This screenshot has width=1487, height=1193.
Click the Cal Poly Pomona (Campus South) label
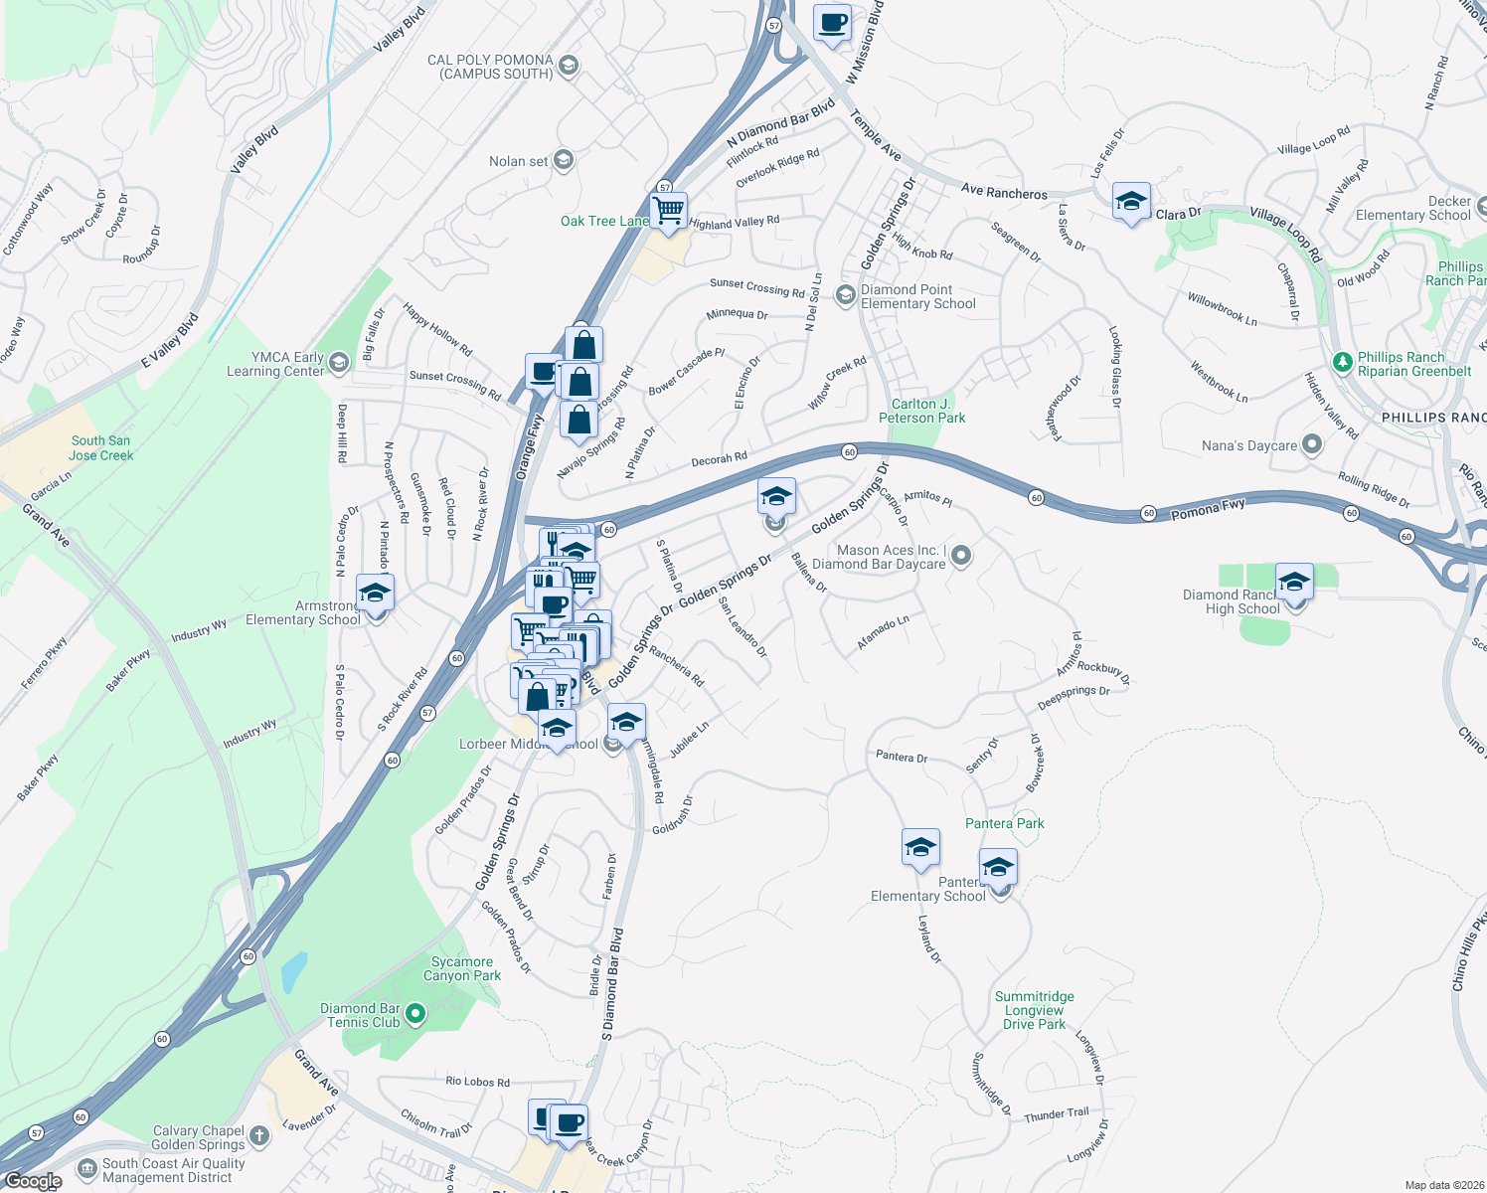pos(490,67)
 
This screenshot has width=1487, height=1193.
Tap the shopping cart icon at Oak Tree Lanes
pos(669,211)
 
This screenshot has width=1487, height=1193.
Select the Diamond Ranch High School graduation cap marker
pos(1293,582)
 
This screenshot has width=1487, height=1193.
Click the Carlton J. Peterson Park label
pos(921,411)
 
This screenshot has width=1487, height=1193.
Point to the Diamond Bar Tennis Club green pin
pos(415,1014)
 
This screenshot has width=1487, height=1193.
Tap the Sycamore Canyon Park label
pos(461,968)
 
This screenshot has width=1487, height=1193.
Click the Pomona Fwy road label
pos(1208,509)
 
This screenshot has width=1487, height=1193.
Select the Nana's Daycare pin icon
pos(1312,444)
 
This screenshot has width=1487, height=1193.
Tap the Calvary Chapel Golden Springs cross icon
pos(258,1135)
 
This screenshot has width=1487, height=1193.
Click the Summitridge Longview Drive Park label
pos(1034,1010)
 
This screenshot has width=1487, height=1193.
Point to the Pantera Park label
pos(1004,823)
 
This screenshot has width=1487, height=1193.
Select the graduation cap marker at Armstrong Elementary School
pos(375,593)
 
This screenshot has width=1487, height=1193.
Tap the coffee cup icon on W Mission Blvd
pos(832,22)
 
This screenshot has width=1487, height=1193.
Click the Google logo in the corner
pos(33,1180)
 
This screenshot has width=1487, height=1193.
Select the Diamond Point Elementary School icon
pos(845,295)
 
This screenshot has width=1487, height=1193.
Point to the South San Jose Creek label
pos(100,447)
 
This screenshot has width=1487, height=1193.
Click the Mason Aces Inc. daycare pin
pos(960,556)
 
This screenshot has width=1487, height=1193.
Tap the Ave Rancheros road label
pos(1004,192)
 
